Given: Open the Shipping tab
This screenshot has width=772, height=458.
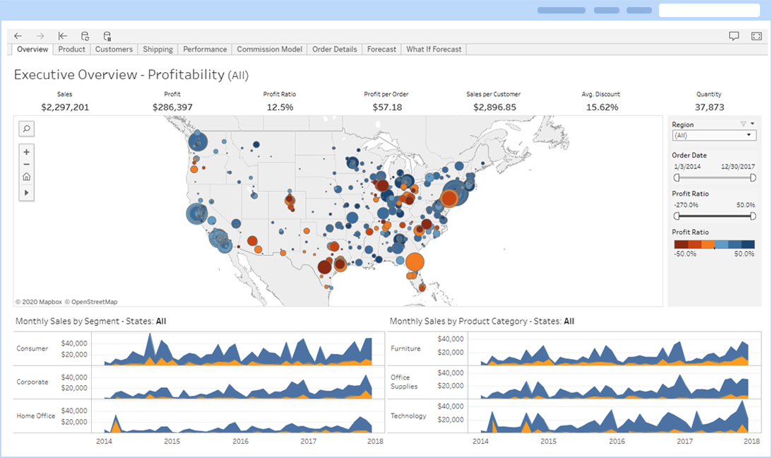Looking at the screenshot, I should click(x=158, y=49).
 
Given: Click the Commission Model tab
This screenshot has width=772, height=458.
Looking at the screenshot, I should click(x=269, y=49).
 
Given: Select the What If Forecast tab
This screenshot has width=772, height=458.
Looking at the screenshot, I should click(x=434, y=49).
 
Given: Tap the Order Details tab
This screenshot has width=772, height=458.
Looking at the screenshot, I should click(x=335, y=49).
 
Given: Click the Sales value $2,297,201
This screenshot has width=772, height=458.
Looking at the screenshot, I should click(x=65, y=107).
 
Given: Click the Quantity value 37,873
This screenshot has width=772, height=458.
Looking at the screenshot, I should click(x=709, y=107).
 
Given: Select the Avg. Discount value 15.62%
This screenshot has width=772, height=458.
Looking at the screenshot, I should click(x=602, y=107).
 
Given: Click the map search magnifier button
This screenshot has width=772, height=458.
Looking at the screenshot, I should click(x=26, y=129).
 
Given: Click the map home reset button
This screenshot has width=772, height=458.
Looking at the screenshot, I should click(x=26, y=177).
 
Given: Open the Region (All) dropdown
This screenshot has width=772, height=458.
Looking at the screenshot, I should click(x=714, y=135).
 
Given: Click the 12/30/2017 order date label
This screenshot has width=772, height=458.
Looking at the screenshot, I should click(x=738, y=167).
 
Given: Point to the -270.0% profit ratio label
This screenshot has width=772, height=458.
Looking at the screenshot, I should click(x=686, y=205).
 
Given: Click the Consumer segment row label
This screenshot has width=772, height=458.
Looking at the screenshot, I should click(x=32, y=348).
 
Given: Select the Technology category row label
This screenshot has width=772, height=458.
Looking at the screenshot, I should click(x=409, y=416).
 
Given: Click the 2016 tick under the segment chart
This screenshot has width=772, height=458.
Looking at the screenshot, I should click(x=240, y=440).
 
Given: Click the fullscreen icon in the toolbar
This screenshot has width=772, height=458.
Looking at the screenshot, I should click(x=756, y=36).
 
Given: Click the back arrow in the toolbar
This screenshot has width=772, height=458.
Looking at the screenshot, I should click(x=18, y=36).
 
